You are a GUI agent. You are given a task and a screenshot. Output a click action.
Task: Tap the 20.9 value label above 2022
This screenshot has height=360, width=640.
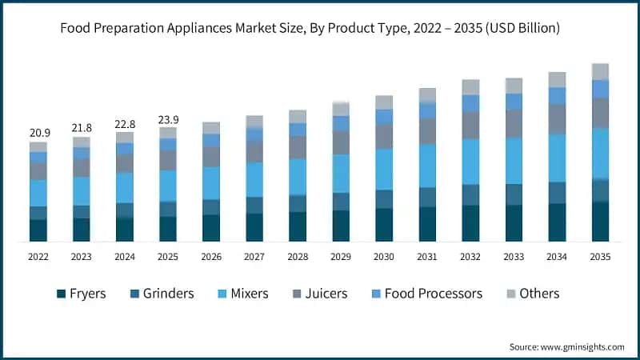coord(38,131)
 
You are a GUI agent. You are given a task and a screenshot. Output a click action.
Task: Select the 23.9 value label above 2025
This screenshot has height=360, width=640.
coord(168,120)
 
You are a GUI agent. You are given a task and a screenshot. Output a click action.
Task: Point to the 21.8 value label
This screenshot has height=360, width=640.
coord(82,128)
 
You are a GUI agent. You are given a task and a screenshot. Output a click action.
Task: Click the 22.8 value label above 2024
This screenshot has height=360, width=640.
coord(125,123)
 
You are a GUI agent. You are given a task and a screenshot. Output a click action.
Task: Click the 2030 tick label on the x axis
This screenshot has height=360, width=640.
coord(384,257)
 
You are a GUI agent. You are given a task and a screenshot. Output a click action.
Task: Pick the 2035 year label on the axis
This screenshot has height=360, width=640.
coord(600,257)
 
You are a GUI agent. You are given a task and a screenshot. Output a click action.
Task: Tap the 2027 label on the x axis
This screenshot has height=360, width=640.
coord(254,257)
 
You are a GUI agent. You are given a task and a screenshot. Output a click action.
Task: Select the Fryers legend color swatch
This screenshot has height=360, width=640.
coord(61,294)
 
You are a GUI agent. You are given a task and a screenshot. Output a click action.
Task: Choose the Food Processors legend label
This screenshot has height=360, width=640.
coord(433,294)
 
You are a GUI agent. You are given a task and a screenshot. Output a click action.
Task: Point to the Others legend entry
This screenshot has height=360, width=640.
coord(539,294)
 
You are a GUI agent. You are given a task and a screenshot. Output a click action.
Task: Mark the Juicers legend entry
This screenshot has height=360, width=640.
coord(325,294)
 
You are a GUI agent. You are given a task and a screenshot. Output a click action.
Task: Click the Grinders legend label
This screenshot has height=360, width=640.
coord(168,294)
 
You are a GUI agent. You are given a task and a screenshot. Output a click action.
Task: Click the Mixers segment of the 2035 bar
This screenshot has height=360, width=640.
coord(600,153)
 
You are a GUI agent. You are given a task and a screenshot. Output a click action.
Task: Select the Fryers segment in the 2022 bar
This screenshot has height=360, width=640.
coord(38,230)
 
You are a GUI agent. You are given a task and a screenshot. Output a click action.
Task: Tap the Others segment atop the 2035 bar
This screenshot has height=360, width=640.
coord(600,72)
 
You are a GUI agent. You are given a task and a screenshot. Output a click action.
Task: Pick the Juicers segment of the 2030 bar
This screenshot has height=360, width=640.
coord(384,137)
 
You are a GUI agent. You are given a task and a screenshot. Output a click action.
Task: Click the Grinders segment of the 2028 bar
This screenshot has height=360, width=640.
coord(298,203)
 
